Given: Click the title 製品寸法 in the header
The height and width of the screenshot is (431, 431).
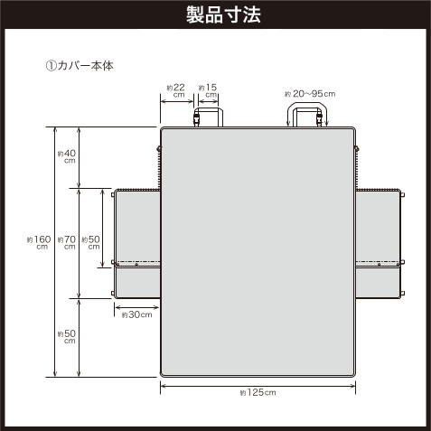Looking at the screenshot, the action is click(223, 14).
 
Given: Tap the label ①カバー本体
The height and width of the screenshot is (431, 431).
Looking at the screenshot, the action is click(80, 66).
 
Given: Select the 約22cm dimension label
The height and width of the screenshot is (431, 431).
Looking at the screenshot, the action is click(176, 90).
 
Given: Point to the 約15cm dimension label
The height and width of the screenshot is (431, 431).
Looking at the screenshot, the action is click(208, 90).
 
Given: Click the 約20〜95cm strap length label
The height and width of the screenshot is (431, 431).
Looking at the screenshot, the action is click(310, 94).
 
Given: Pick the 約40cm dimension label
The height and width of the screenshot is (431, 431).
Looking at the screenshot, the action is click(67, 156).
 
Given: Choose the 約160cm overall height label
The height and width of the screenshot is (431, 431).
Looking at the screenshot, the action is click(39, 243).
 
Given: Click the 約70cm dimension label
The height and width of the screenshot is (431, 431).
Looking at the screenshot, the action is click(67, 243).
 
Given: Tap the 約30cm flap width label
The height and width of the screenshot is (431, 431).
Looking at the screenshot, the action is click(137, 315).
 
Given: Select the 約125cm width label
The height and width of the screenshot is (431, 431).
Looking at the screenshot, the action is click(258, 392).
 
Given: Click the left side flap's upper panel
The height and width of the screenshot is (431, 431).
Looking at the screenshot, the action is click(137, 228).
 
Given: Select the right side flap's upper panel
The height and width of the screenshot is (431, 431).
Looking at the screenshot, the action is click(379, 228).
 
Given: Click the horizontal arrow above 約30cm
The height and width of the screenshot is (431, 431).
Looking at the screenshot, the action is click(137, 307).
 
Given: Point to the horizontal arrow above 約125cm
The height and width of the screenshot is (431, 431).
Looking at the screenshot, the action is click(258, 386).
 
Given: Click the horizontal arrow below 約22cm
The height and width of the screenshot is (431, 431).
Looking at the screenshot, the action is click(177, 101).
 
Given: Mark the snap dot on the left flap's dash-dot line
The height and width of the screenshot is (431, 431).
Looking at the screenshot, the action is click(136, 265).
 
